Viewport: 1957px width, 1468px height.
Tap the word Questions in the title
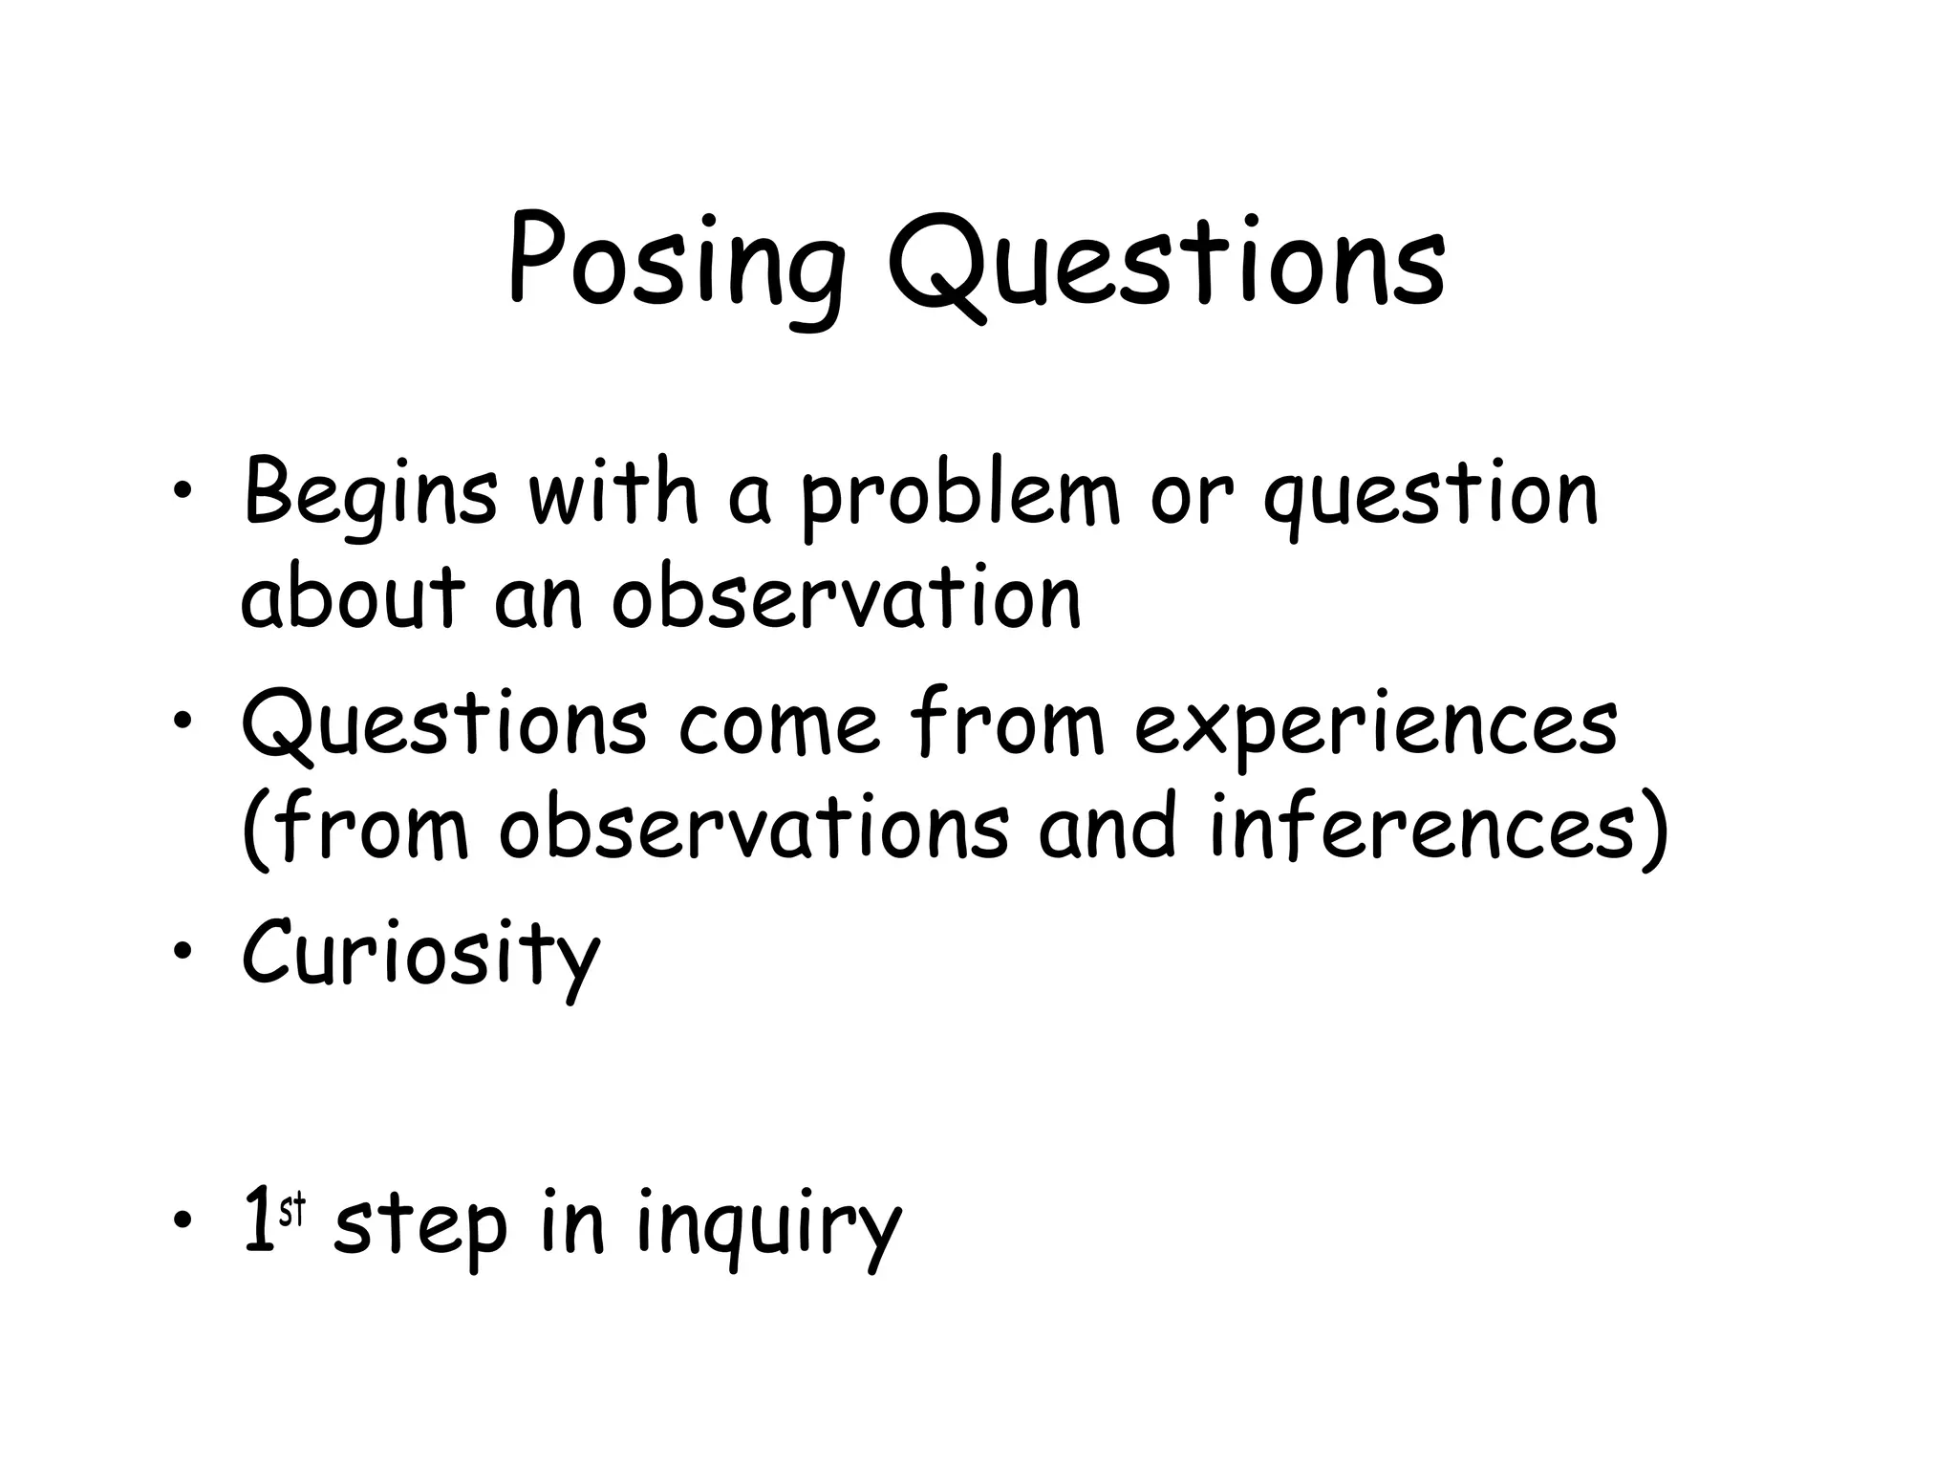tap(1166, 263)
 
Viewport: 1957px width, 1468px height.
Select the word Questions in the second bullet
tap(444, 726)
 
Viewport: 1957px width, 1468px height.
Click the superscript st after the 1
tap(291, 1212)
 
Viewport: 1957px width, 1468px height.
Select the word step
tap(420, 1228)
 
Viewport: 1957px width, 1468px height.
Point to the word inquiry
tap(768, 1228)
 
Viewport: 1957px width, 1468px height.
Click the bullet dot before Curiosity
tap(182, 951)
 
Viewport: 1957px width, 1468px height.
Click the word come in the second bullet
tap(779, 726)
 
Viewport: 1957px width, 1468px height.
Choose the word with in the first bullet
tap(613, 495)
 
